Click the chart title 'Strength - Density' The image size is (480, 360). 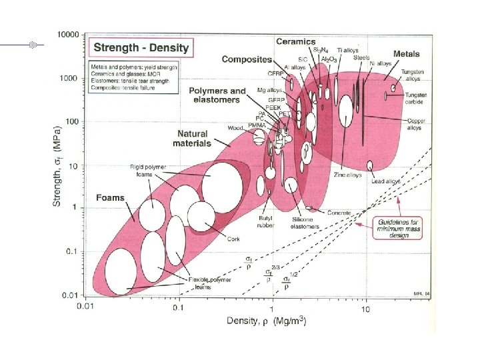coord(141,47)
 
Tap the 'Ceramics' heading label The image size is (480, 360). coord(295,42)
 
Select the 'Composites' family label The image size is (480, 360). coord(247,59)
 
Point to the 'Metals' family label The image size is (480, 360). coord(407,53)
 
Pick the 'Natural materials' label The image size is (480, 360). coord(192,138)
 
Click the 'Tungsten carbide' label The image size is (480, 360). coord(417,99)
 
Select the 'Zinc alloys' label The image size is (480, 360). coord(348,175)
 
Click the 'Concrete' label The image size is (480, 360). coord(339,213)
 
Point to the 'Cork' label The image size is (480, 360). coord(233,239)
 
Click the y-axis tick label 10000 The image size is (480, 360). coord(68,34)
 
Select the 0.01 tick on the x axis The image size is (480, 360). coord(83,307)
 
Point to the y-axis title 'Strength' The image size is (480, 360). coord(57,163)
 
